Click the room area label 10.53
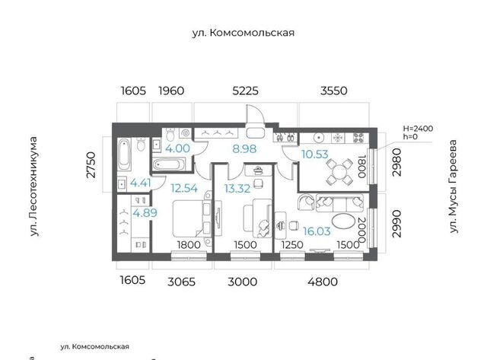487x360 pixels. (315, 154)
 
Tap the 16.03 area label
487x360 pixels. (317, 231)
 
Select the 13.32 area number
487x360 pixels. (237, 189)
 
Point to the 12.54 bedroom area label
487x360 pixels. (184, 188)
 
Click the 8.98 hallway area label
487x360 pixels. (244, 149)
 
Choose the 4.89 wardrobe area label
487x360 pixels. (145, 213)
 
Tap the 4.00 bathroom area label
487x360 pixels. (177, 148)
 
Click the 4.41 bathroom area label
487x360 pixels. (141, 183)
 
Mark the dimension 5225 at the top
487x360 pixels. (245, 91)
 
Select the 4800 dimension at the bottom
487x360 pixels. (323, 282)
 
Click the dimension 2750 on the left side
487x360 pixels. (91, 164)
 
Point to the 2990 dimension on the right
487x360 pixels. (396, 224)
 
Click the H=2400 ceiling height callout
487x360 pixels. (418, 129)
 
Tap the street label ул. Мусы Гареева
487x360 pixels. (454, 186)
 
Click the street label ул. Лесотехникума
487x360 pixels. (33, 186)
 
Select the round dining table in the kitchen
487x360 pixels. (339, 171)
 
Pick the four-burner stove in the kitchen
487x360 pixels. (358, 138)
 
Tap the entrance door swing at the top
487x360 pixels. (255, 113)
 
